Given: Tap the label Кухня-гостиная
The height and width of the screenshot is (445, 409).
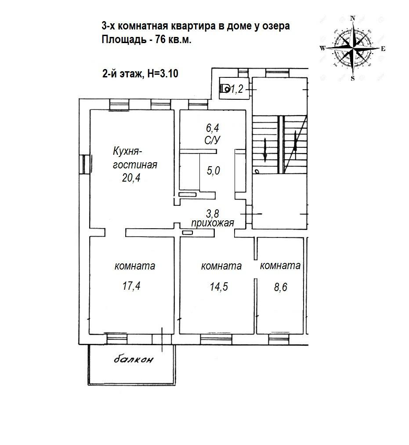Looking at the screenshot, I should tap(134, 158).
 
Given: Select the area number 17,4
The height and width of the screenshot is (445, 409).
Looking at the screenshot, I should tap(131, 286).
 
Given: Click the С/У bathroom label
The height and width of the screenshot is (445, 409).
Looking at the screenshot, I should tap(213, 141).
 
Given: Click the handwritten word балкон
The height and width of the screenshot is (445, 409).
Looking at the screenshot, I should tap(134, 360).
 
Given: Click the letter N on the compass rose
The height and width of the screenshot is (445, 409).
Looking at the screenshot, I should tap(352, 18).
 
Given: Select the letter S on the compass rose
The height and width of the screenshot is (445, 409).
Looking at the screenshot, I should tap(352, 79).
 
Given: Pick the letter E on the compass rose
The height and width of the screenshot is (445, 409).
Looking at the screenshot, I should tap(383, 49).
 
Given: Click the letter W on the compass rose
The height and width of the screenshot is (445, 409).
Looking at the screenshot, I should tap(322, 48).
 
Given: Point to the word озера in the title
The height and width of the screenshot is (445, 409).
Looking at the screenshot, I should tap(277, 26).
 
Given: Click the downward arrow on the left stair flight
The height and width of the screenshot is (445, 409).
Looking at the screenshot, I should tap(265, 150).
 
